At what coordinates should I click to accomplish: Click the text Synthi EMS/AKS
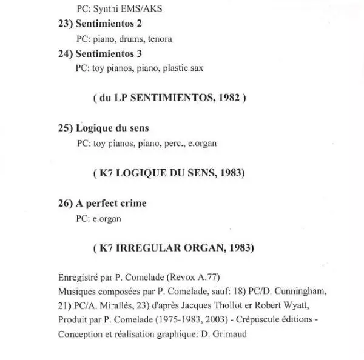click(x=125, y=10)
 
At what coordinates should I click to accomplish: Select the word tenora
click(x=159, y=39)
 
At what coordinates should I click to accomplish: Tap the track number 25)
click(x=62, y=129)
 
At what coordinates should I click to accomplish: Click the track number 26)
click(x=62, y=203)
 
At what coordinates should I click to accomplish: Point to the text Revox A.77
click(x=202, y=279)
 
